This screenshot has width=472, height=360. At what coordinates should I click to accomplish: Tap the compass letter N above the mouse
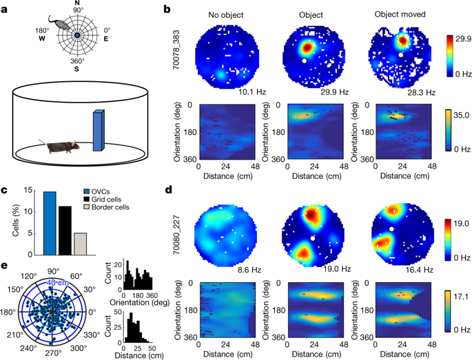(x=77, y=4)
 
